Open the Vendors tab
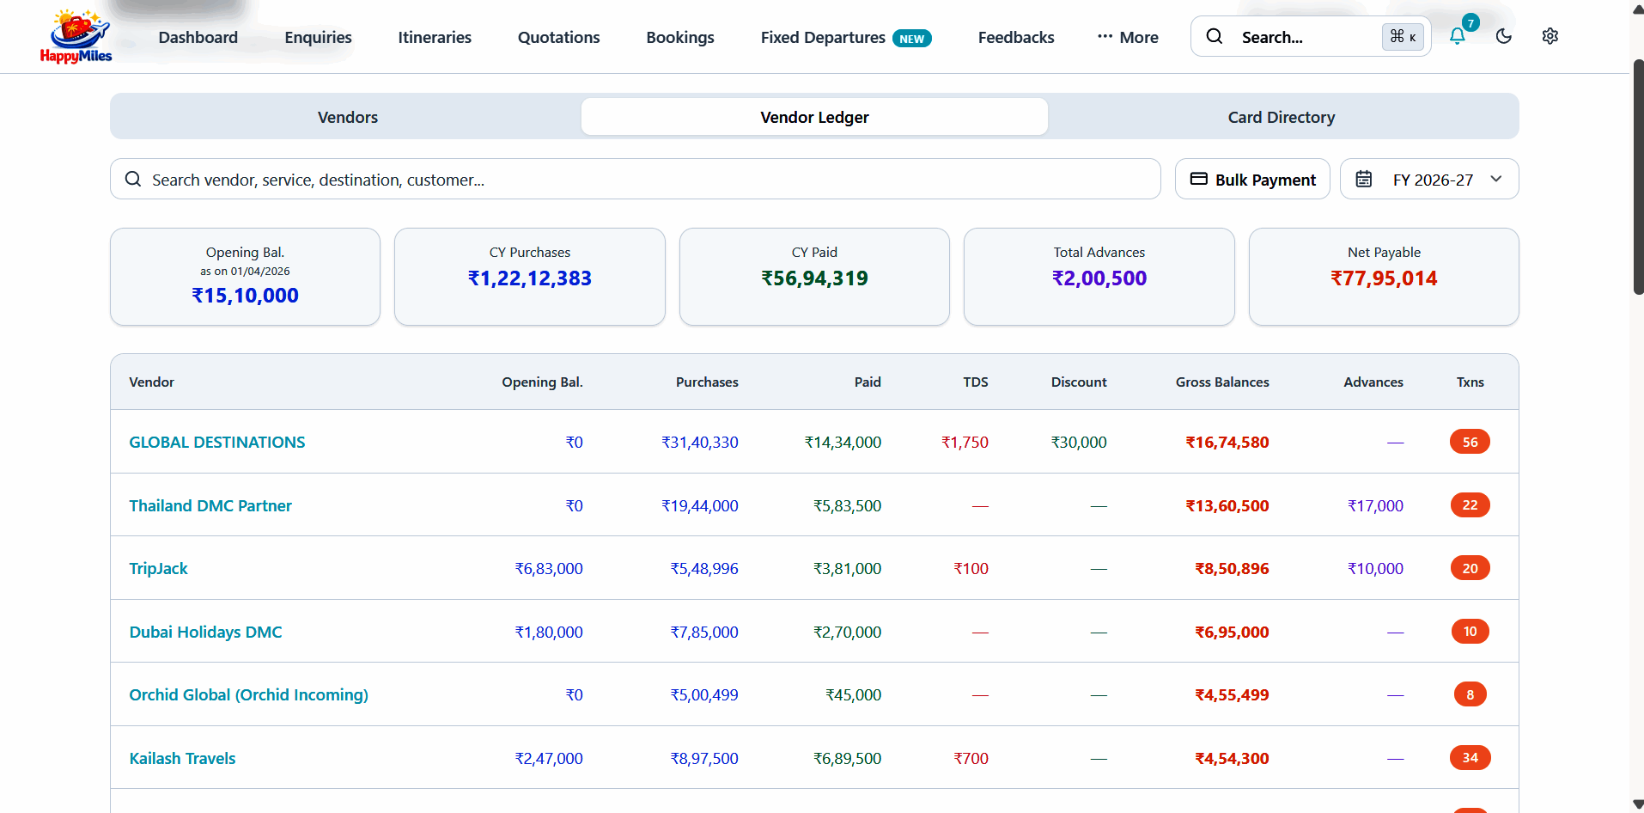(347, 117)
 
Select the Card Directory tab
(1281, 117)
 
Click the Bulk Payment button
(1252, 180)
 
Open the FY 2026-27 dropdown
(1429, 180)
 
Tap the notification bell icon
(1458, 36)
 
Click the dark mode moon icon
(1504, 36)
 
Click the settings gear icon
(1550, 36)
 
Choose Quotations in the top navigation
(558, 37)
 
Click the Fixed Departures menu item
(823, 37)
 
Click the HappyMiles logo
(76, 36)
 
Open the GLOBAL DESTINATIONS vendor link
(217, 443)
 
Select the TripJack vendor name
(158, 569)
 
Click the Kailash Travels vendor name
(182, 759)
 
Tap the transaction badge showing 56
(1470, 442)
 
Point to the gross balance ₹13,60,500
(1227, 506)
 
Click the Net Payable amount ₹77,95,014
(1384, 278)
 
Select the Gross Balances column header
(1222, 382)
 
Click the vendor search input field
(636, 180)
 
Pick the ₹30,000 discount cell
(1079, 443)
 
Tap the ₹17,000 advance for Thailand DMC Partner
(1375, 506)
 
